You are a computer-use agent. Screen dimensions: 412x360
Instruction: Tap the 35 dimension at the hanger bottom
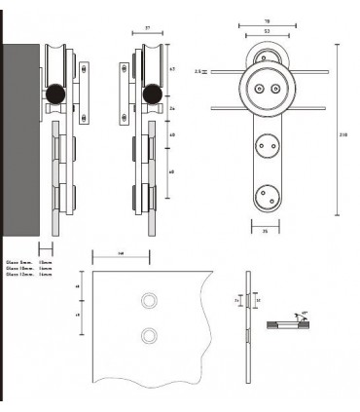[x=267, y=232]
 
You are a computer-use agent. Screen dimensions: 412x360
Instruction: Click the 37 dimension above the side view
[x=148, y=29]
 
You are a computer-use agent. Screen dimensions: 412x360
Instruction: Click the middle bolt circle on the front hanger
[x=267, y=149]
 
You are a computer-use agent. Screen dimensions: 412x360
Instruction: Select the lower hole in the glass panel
[x=148, y=336]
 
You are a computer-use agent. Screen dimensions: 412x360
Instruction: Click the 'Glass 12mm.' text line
[x=22, y=276]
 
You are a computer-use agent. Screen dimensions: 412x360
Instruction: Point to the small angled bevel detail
[x=290, y=320]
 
